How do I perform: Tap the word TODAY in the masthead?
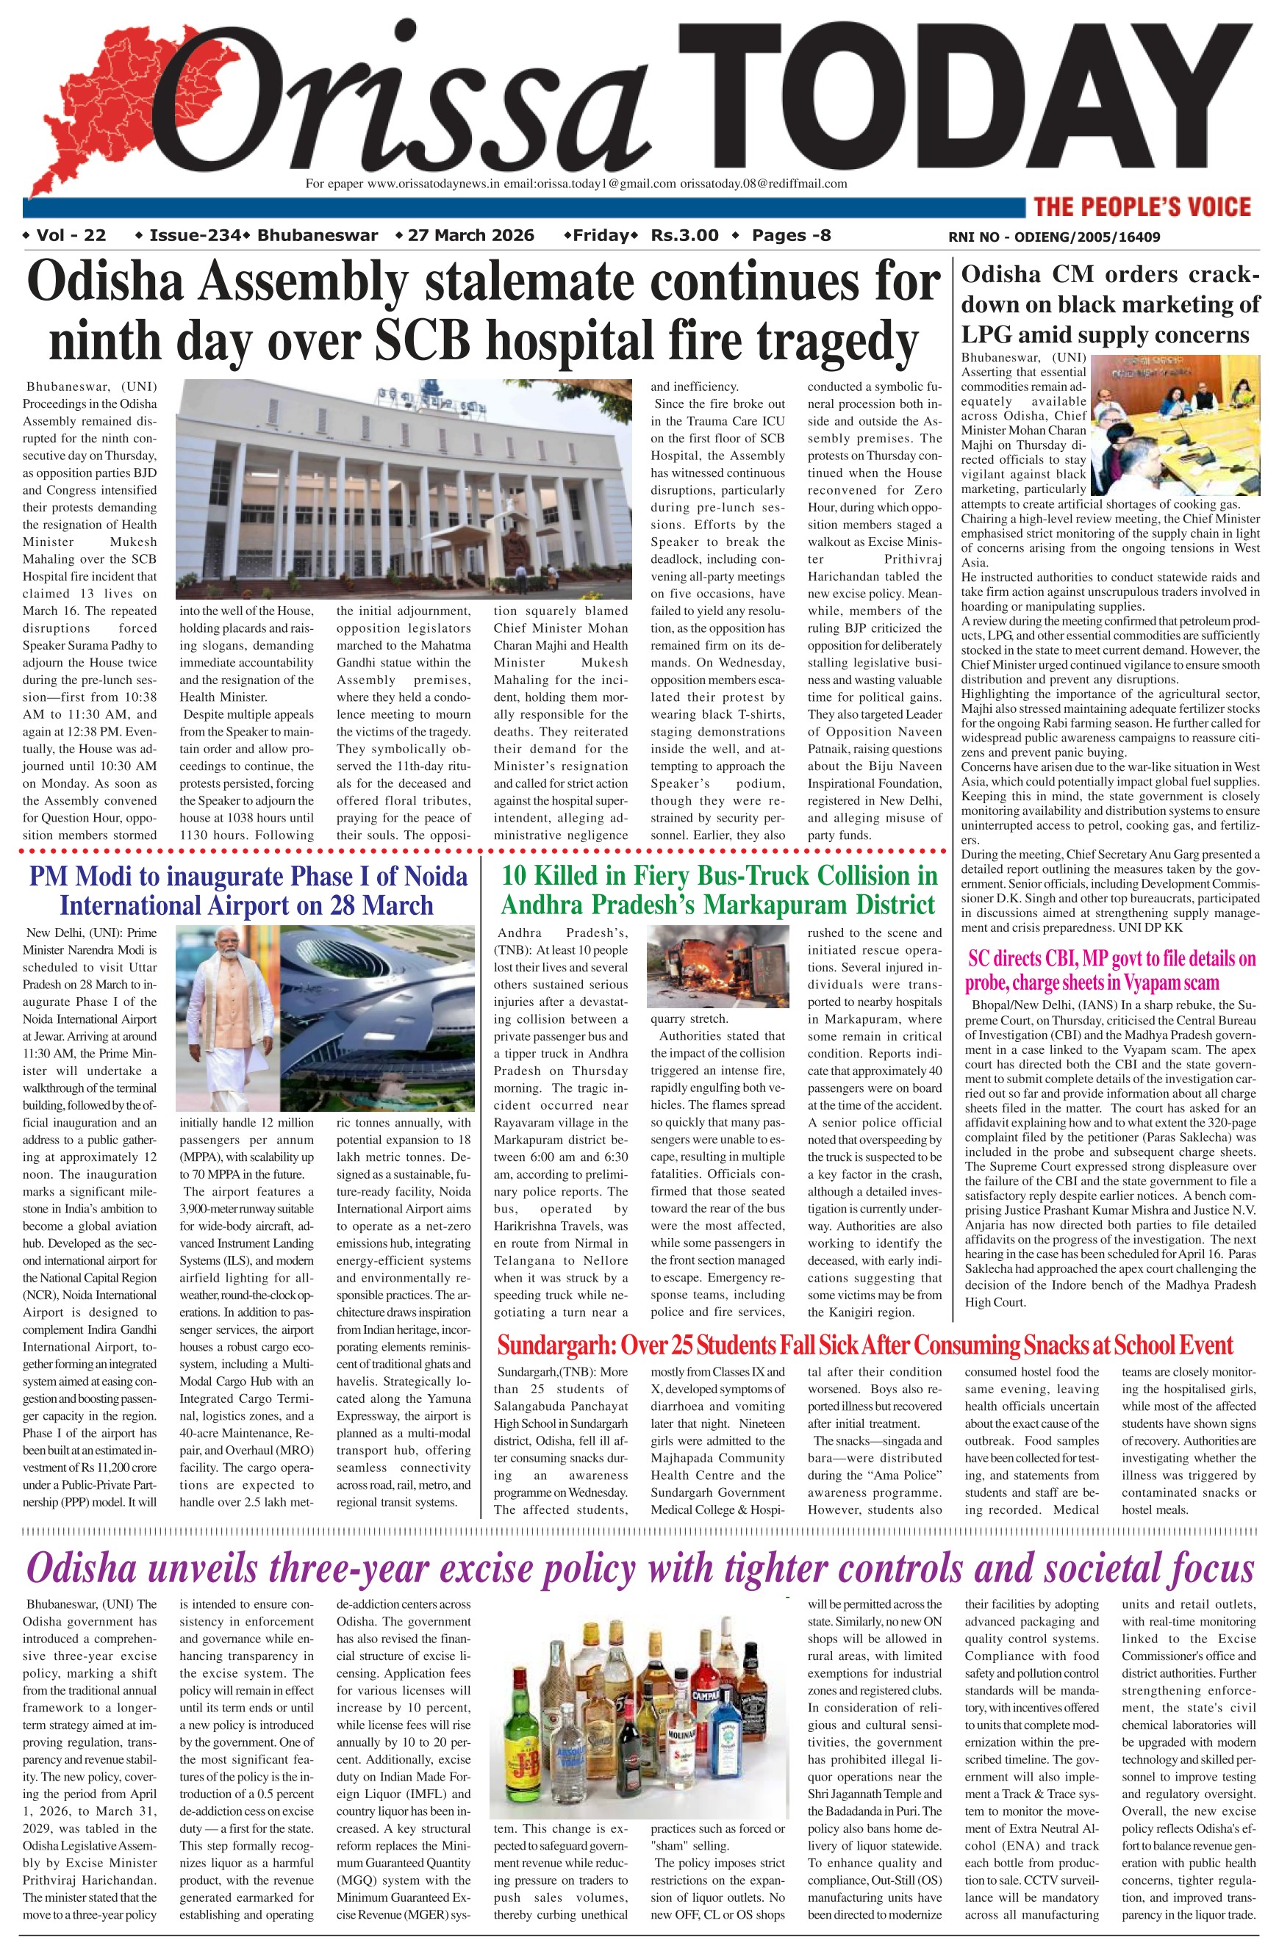[964, 98]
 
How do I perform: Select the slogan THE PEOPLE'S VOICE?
[1142, 206]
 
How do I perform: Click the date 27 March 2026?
[470, 236]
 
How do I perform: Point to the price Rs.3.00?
[684, 236]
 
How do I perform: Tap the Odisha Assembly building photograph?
[404, 489]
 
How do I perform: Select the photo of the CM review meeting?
[1175, 424]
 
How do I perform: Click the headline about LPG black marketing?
[1110, 304]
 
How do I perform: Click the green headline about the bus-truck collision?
[719, 890]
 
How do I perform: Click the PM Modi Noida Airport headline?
[248, 890]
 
